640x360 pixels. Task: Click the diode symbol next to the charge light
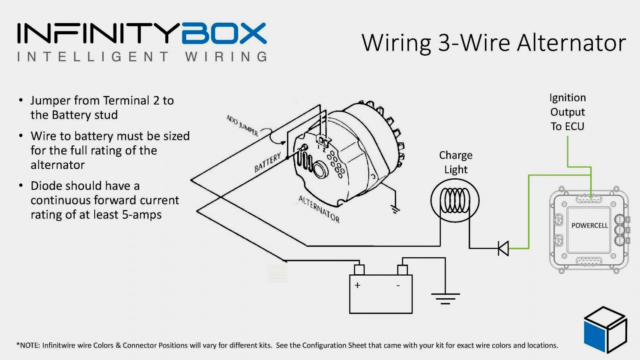pyautogui.click(x=503, y=248)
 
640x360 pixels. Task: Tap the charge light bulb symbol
pyautogui.click(x=455, y=201)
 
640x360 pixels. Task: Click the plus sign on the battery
pyautogui.click(x=357, y=285)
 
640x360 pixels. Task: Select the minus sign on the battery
pyautogui.click(x=398, y=285)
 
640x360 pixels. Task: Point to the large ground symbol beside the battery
pyautogui.click(x=445, y=298)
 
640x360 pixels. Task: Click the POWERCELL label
pyautogui.click(x=589, y=225)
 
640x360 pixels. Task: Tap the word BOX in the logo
pyautogui.click(x=224, y=34)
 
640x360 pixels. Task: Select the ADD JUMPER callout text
pyautogui.click(x=242, y=126)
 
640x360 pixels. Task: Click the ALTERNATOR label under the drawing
pyautogui.click(x=319, y=209)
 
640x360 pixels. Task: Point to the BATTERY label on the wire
pyautogui.click(x=268, y=162)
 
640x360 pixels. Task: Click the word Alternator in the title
pyautogui.click(x=571, y=43)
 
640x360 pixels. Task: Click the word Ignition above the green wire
pyautogui.click(x=567, y=98)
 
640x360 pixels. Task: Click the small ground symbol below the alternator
pyautogui.click(x=395, y=209)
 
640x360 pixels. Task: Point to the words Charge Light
pyautogui.click(x=455, y=162)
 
